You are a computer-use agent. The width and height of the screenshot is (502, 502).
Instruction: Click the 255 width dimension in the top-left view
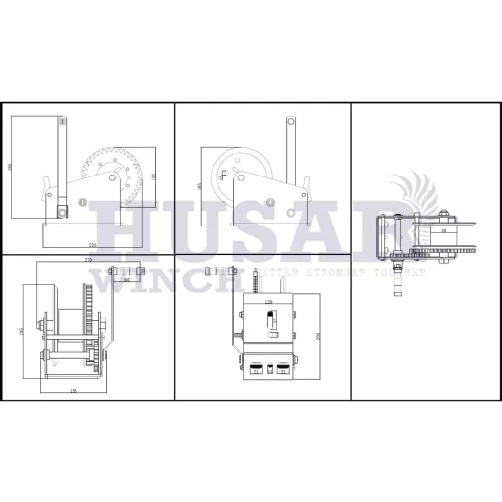coord(92,243)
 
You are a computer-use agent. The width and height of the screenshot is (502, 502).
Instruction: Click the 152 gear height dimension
coord(153,176)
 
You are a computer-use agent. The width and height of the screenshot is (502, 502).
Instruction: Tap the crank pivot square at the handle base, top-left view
coord(62,209)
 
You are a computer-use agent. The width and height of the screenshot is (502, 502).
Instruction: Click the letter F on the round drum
coord(225,176)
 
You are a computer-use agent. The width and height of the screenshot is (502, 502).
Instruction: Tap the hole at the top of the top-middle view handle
coord(291,122)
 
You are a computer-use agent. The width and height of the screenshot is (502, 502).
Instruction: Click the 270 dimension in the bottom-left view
coord(88,258)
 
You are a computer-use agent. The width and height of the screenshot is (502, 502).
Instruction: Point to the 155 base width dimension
coord(74,391)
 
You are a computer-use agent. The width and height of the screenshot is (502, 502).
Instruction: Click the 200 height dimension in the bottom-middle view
coord(317,335)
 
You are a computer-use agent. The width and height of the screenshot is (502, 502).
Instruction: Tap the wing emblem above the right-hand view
coord(412,191)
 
